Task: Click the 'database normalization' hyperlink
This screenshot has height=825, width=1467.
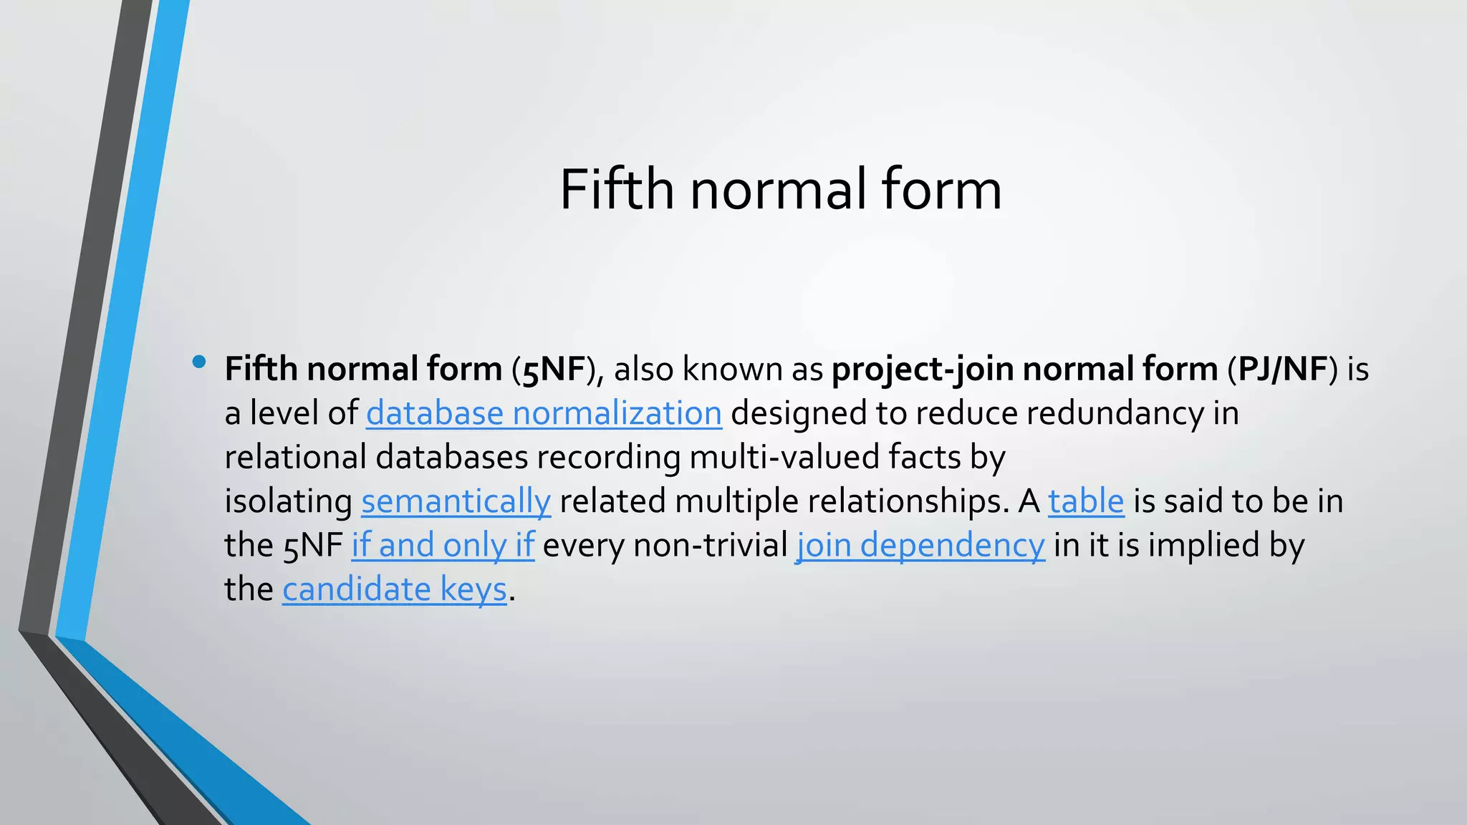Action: tap(544, 413)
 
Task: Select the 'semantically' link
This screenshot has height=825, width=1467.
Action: tap(456, 501)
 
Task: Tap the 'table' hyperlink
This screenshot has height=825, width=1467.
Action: tap(1086, 501)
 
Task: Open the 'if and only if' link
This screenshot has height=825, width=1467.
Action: tap(443, 545)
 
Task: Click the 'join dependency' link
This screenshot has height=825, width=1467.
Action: tap(920, 545)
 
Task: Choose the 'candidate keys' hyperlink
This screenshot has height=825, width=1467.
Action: tap(395, 589)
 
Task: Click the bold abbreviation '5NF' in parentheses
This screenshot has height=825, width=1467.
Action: tap(554, 370)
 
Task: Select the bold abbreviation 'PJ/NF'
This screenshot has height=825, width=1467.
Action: tap(1282, 370)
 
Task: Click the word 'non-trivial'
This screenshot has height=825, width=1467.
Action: tap(711, 545)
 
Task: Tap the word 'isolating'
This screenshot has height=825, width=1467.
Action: tap(288, 501)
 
